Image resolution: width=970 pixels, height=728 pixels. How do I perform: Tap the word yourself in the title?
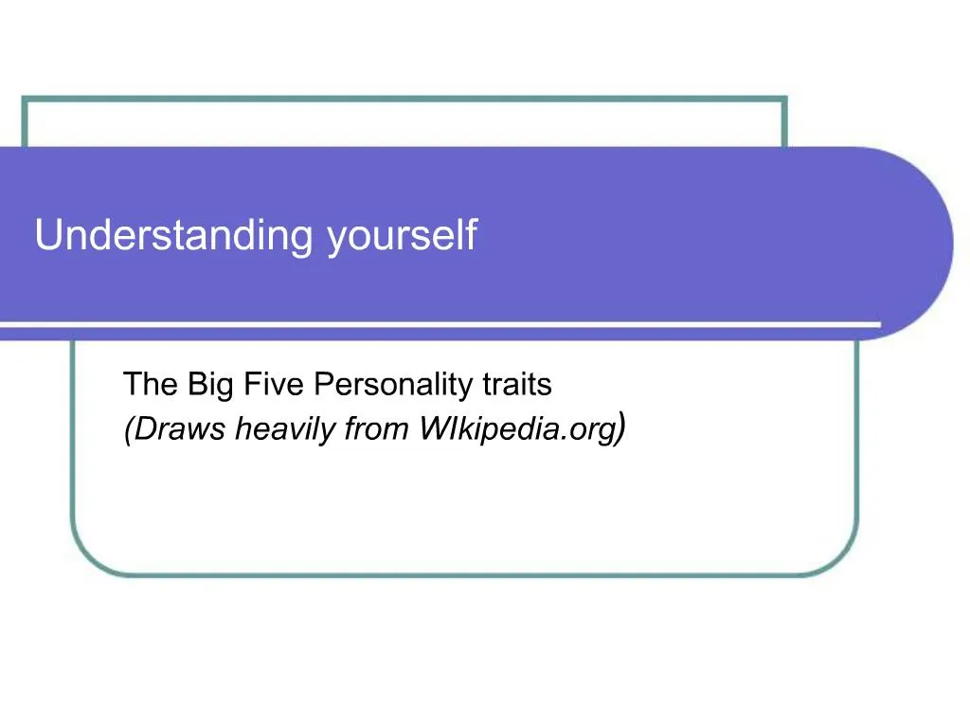(402, 236)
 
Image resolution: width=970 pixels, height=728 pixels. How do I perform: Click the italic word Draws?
(180, 429)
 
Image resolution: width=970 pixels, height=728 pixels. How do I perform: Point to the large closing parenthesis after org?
(619, 428)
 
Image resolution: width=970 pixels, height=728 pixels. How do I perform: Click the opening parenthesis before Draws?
(128, 430)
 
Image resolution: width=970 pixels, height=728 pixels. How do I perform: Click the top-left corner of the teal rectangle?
(24, 99)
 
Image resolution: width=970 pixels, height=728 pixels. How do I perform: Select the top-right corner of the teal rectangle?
(784, 99)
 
